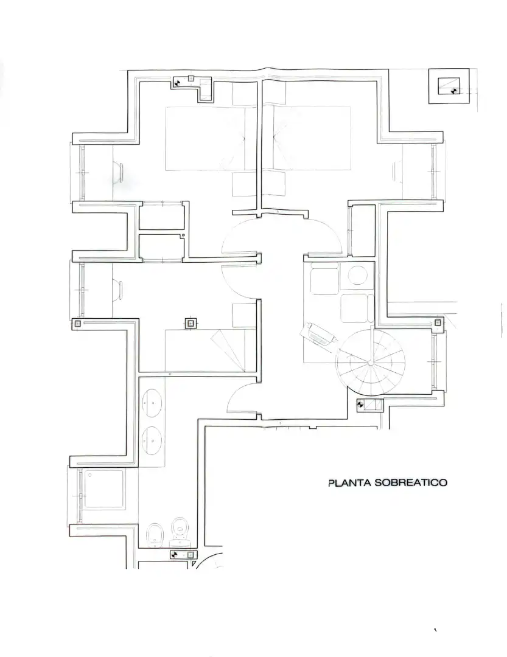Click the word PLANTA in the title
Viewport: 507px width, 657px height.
click(x=350, y=482)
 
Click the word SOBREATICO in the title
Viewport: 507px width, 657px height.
click(x=411, y=482)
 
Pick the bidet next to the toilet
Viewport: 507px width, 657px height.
click(x=155, y=535)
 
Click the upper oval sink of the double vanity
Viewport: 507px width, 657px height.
click(x=152, y=403)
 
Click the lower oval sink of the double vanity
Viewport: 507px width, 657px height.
click(x=152, y=441)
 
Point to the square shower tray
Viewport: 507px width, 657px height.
click(x=104, y=489)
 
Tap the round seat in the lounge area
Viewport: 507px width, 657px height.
click(x=357, y=276)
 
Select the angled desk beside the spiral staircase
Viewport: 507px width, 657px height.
click(x=319, y=335)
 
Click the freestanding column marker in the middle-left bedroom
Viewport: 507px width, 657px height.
click(x=191, y=324)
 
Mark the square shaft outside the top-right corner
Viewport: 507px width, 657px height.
click(x=449, y=86)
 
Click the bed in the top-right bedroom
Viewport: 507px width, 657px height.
click(x=312, y=138)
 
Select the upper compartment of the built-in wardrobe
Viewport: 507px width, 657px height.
click(x=161, y=216)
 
